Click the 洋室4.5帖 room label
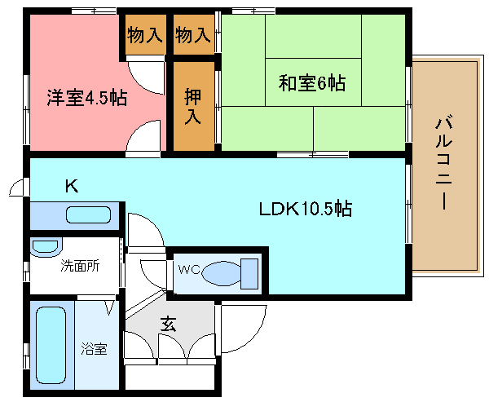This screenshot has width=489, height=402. click(87, 98)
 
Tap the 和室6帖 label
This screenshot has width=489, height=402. click(312, 82)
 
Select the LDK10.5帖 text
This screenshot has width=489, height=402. click(306, 209)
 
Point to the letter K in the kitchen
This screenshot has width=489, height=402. click(72, 187)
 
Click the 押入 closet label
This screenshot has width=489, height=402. click(192, 106)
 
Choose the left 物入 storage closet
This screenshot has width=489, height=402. click(144, 34)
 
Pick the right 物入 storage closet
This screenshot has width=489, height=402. click(193, 34)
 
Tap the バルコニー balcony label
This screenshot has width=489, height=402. click(444, 162)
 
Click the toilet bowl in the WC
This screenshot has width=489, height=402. click(222, 274)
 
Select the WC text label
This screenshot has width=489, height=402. click(189, 269)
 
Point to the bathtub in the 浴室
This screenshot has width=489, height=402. click(51, 345)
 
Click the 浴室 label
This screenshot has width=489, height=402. click(95, 349)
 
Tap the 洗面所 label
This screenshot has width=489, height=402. click(80, 266)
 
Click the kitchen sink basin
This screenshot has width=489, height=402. click(89, 214)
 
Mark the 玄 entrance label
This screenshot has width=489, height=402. click(168, 325)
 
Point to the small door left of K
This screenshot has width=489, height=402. click(16, 188)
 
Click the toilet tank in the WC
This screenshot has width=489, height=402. click(249, 274)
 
